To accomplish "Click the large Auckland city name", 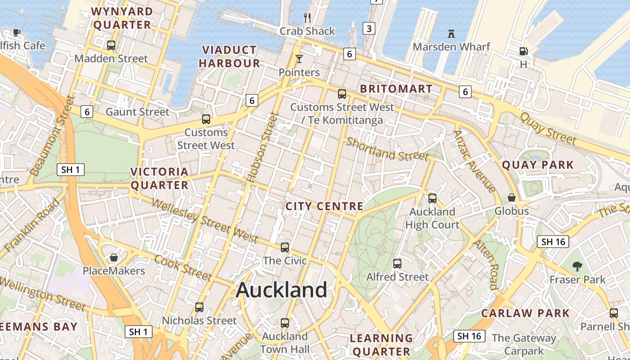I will click(x=282, y=290).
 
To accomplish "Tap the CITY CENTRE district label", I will click(x=324, y=207).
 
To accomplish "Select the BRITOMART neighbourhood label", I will click(x=396, y=89).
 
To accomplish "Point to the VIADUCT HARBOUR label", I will click(x=229, y=56).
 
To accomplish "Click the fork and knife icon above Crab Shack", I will click(x=307, y=18).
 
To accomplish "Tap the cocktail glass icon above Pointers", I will click(x=299, y=59).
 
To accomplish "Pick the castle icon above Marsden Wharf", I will click(x=451, y=33).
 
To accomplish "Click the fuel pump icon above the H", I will click(x=523, y=51).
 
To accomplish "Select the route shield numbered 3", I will click(x=369, y=29).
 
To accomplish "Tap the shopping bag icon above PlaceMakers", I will click(x=114, y=257).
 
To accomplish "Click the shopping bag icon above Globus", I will click(x=512, y=198).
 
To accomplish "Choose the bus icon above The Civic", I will click(x=285, y=247).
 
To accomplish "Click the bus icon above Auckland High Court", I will click(x=432, y=198).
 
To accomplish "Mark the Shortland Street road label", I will click(x=387, y=149).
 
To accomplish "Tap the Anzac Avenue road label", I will click(x=474, y=160).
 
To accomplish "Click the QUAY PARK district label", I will click(x=538, y=165).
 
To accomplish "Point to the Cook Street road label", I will click(x=182, y=267).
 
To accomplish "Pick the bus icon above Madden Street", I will click(x=111, y=45).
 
